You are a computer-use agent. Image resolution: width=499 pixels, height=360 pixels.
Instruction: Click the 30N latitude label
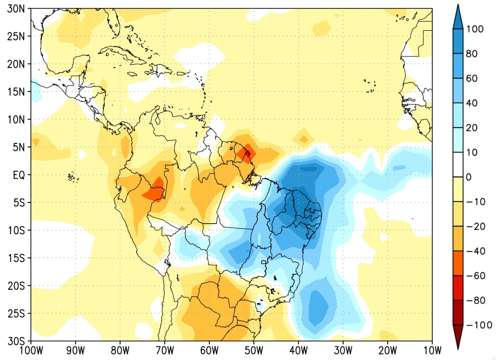(x=16, y=9)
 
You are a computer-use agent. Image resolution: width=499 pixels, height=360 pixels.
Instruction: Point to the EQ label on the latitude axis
(x=19, y=175)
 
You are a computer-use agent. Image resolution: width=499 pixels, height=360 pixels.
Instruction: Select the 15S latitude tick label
(x=16, y=258)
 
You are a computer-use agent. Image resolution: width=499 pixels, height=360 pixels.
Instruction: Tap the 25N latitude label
(x=16, y=37)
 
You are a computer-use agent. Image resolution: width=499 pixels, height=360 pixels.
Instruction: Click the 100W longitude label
(x=31, y=351)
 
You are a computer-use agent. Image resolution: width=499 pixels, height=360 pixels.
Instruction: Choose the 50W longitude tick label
(x=254, y=351)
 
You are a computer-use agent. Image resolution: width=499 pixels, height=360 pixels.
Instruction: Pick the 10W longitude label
(x=432, y=351)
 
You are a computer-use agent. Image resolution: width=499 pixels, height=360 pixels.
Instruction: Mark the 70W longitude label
(x=165, y=351)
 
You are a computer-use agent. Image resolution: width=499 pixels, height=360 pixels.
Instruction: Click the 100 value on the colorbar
(x=475, y=29)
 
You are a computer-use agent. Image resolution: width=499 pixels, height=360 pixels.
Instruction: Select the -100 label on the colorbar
(x=479, y=325)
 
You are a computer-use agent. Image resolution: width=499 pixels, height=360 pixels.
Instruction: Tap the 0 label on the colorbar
(x=469, y=177)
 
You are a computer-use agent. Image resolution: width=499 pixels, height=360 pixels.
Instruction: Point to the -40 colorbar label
(x=476, y=251)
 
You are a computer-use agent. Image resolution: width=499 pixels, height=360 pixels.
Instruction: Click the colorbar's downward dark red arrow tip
(x=458, y=348)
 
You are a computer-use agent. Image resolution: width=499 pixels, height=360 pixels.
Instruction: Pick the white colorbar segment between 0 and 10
(x=458, y=165)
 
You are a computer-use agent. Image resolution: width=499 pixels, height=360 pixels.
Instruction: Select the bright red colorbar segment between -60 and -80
(x=458, y=288)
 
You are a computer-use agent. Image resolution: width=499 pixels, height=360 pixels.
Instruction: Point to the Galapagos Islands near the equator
(x=73, y=177)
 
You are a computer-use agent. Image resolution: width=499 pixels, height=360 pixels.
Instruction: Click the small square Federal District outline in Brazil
(x=263, y=262)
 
